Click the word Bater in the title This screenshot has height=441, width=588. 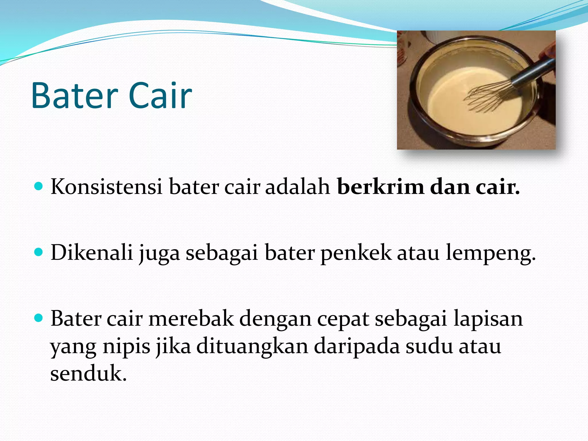click(x=75, y=95)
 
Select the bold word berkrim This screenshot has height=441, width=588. click(x=380, y=187)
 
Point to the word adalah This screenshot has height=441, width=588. click(x=297, y=187)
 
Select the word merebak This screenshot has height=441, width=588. click(x=191, y=319)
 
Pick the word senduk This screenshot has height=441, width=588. click(x=88, y=373)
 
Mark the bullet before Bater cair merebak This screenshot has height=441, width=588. click(x=38, y=318)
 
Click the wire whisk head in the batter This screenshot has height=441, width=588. click(x=485, y=96)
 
